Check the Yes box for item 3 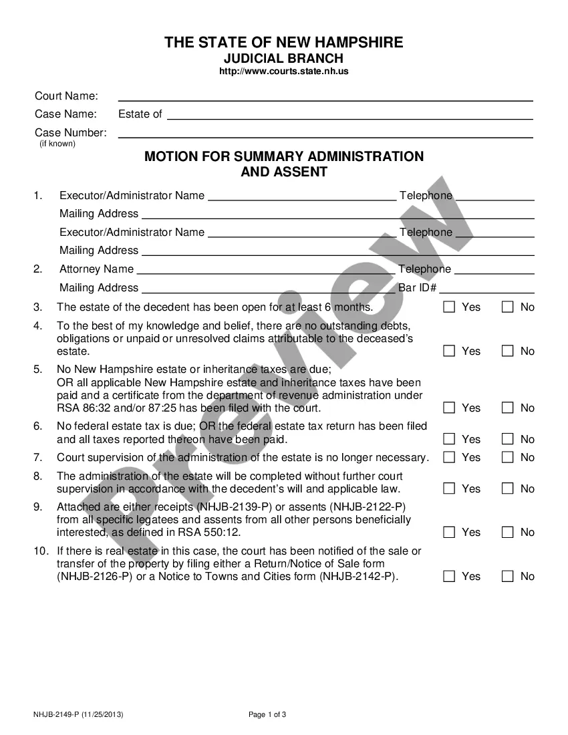[x=449, y=307]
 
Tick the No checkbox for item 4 [x=508, y=351]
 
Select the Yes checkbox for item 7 [x=449, y=457]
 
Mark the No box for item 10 [x=508, y=576]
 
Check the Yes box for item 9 [x=449, y=532]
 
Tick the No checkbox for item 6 [x=508, y=439]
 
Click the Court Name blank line [x=325, y=97]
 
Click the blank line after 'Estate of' [x=349, y=115]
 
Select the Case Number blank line [x=325, y=133]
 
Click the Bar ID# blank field [x=486, y=289]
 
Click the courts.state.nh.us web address [x=284, y=71]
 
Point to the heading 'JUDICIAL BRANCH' [x=284, y=58]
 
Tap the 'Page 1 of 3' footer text [x=267, y=714]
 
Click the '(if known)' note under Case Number [x=57, y=144]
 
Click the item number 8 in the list [x=38, y=476]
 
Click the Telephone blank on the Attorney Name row [x=494, y=270]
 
